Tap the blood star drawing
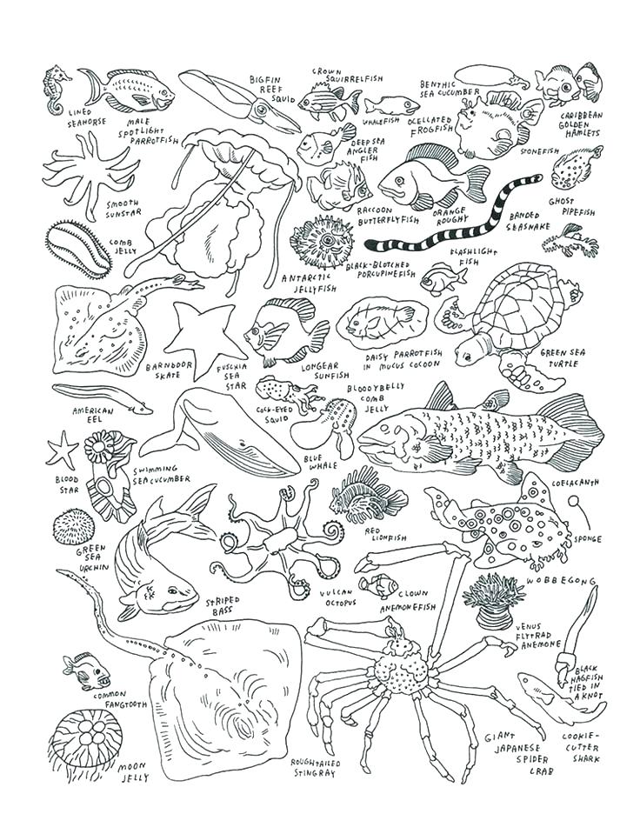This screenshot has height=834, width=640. tap(62, 450)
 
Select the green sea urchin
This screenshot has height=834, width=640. tap(74, 527)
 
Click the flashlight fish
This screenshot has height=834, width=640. tap(441, 280)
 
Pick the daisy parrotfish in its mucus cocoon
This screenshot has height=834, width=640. tap(381, 324)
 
